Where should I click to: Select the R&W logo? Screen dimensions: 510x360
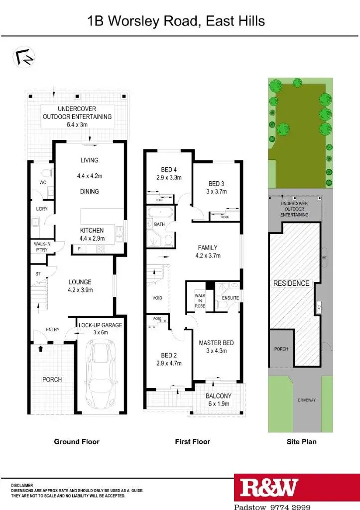click(269, 489)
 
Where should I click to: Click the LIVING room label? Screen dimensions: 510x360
click(90, 160)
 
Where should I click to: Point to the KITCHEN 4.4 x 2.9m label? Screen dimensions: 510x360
click(92, 234)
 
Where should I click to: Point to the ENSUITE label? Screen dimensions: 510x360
click(230, 298)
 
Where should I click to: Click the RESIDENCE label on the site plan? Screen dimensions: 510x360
click(291, 283)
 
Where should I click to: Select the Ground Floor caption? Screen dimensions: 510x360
click(77, 441)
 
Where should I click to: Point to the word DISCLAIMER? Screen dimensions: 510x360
click(22, 485)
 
